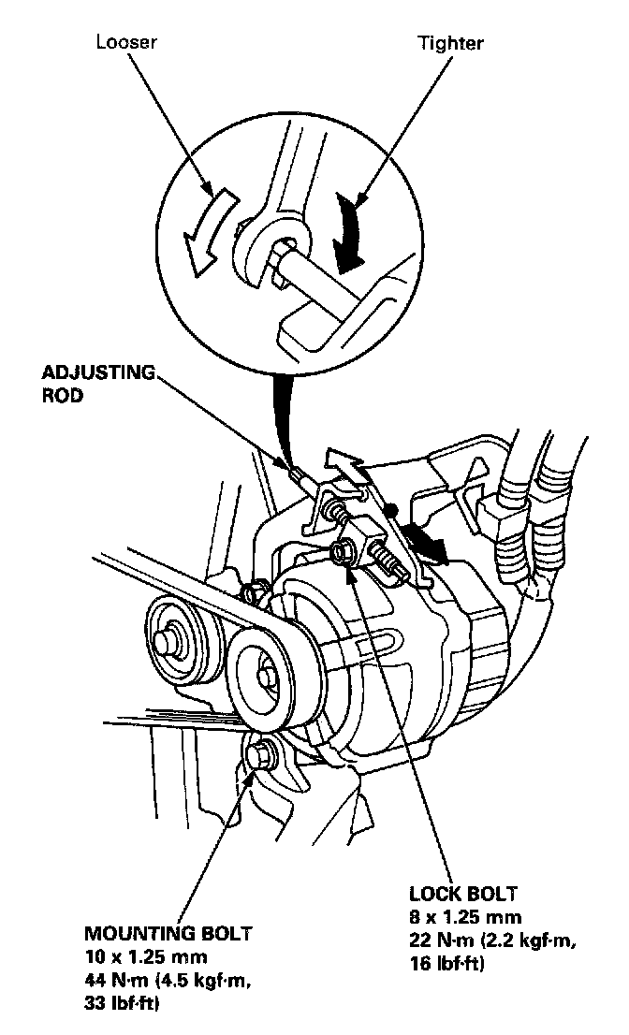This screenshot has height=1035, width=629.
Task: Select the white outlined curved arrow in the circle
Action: pyautogui.click(x=209, y=230)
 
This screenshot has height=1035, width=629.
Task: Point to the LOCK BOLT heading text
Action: pyautogui.click(x=462, y=894)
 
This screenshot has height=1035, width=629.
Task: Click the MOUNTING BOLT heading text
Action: pyautogui.click(x=168, y=934)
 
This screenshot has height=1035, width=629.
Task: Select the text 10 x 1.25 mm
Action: pyautogui.click(x=145, y=956)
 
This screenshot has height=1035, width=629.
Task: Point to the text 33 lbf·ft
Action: pyautogui.click(x=123, y=1003)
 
